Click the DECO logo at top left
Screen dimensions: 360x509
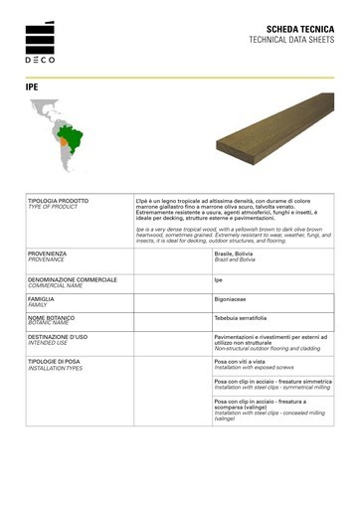(39, 43)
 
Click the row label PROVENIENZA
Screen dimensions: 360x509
(51, 254)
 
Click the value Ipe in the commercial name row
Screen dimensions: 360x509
(218, 280)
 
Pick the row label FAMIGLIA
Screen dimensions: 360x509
(42, 297)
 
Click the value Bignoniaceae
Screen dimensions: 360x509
(235, 297)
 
